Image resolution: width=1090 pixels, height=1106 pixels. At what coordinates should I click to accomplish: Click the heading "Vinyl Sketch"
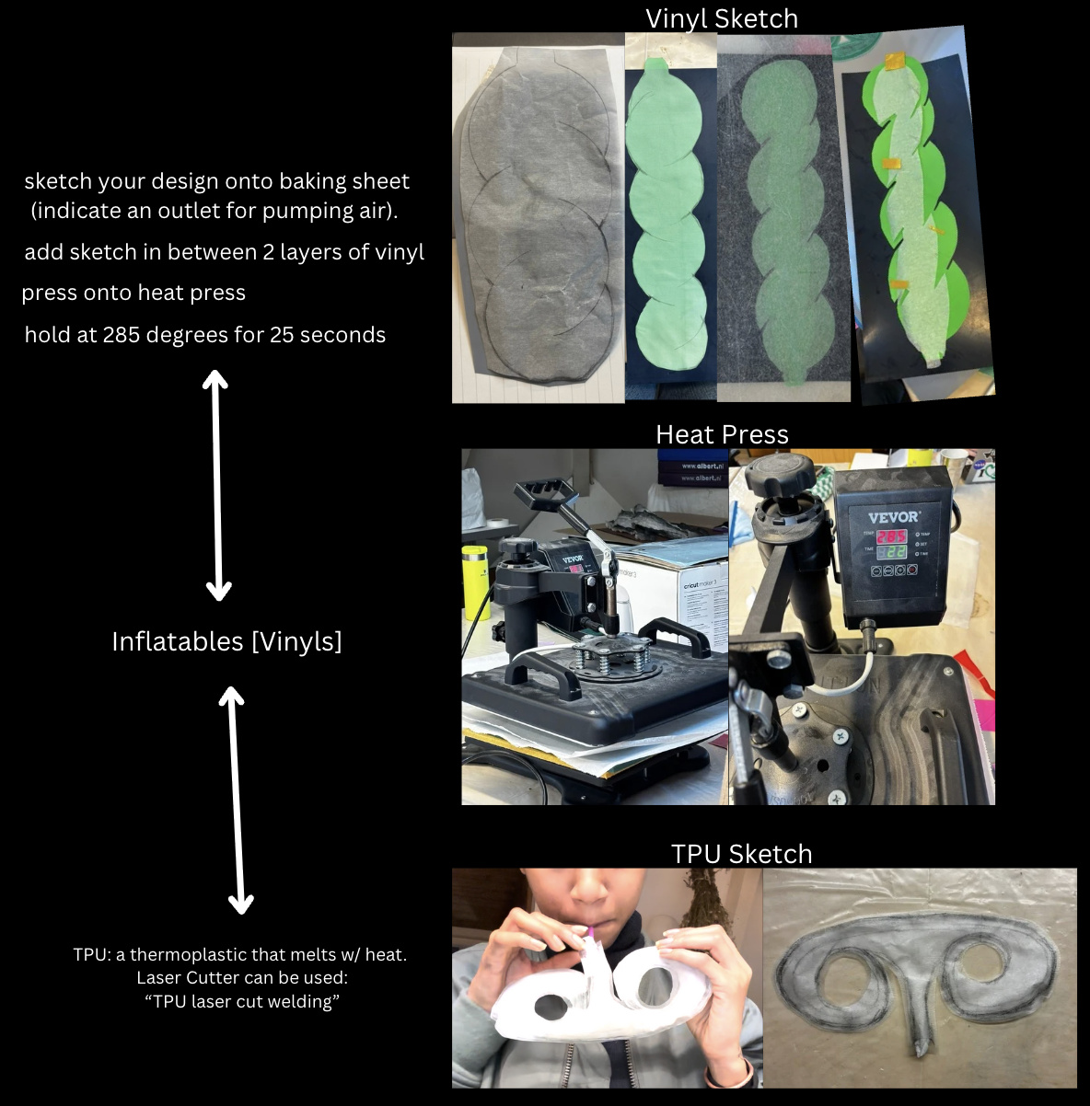click(722, 19)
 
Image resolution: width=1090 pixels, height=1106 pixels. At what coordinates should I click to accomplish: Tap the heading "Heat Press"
click(722, 434)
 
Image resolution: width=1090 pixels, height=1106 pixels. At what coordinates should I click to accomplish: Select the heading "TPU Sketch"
click(741, 854)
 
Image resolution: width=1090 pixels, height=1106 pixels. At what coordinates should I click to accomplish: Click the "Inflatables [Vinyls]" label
click(226, 641)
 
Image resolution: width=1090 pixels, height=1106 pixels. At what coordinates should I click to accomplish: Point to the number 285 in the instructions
click(122, 335)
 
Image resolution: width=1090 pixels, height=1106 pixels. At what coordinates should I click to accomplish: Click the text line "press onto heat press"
click(133, 293)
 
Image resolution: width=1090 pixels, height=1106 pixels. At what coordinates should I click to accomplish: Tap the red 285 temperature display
click(892, 536)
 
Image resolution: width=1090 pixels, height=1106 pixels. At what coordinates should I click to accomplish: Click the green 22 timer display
click(892, 552)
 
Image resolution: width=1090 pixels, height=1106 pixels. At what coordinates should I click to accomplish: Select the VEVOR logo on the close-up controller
click(894, 517)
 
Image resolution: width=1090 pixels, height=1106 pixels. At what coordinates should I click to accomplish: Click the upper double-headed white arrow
click(216, 485)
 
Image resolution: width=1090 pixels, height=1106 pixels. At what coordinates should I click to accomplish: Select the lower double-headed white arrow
click(236, 801)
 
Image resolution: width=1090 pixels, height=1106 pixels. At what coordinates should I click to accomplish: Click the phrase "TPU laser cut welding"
click(242, 1001)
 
